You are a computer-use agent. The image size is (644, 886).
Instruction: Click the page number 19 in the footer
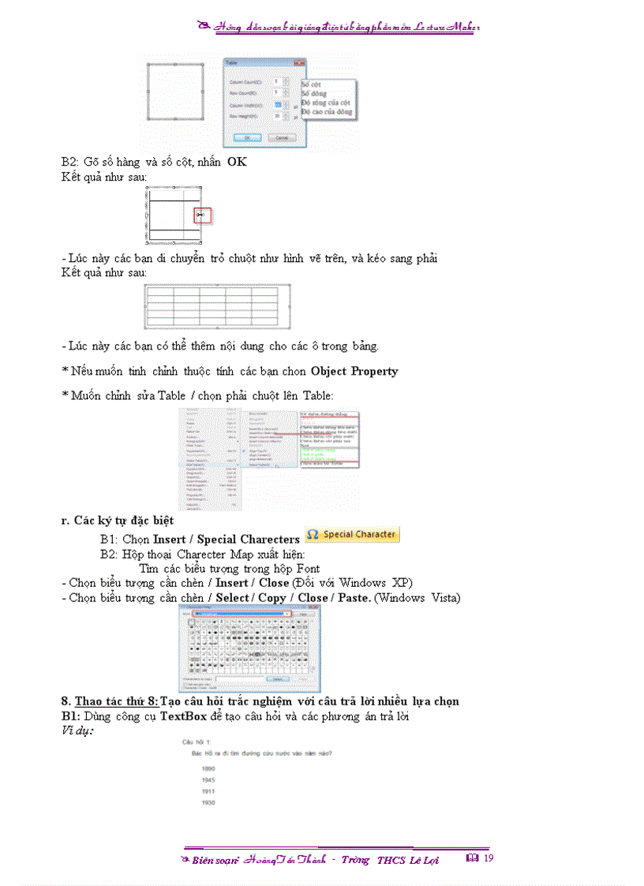489,858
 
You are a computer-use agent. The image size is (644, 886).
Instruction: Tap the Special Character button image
352,535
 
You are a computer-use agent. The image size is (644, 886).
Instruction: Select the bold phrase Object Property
354,371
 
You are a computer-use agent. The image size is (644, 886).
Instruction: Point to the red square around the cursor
202,215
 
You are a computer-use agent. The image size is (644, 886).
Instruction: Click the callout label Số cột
311,84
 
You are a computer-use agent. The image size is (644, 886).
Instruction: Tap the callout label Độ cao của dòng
327,112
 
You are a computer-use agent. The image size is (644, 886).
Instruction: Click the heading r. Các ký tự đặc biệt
118,521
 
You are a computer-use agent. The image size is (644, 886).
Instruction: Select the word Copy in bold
271,598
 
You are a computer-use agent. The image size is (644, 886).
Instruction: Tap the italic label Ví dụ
77,731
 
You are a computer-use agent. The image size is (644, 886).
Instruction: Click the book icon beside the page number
473,858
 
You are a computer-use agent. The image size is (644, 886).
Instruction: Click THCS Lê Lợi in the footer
407,860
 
